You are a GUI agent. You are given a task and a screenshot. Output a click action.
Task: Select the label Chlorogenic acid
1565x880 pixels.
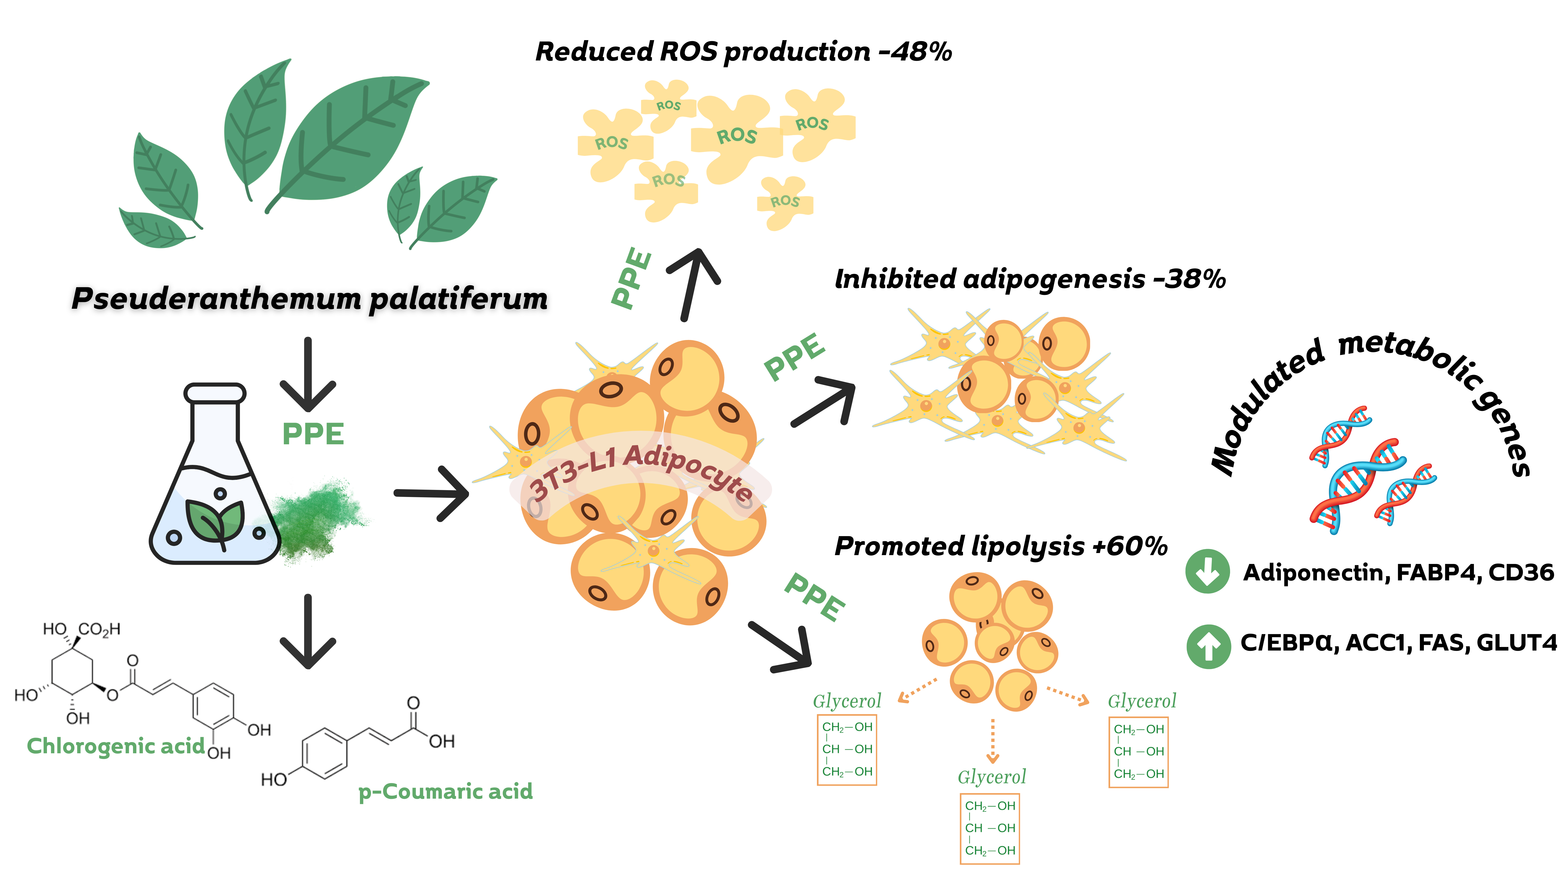pyautogui.click(x=116, y=746)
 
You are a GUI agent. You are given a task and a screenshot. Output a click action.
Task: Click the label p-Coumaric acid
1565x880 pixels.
pyautogui.click(x=445, y=791)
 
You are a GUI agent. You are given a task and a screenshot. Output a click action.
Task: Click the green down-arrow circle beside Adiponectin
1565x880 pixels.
pyautogui.click(x=1207, y=571)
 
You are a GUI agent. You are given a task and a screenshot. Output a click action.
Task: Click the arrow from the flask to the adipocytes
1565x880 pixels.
pyautogui.click(x=431, y=493)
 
